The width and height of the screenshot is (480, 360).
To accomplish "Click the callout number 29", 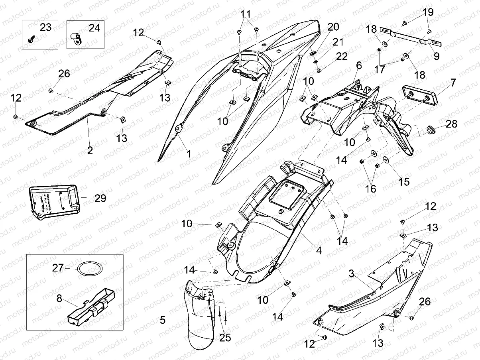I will [x=100, y=198].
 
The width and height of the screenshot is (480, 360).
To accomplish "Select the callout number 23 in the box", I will [x=45, y=28].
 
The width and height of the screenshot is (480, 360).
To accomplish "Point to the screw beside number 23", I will [x=31, y=39].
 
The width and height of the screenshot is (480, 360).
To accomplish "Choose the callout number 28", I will [x=452, y=124].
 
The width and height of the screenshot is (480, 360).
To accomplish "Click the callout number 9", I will [x=437, y=56].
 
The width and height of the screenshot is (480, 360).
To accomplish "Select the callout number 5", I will [x=162, y=320].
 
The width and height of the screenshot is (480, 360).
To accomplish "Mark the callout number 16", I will [x=370, y=188].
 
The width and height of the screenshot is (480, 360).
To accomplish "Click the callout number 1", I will [x=189, y=153].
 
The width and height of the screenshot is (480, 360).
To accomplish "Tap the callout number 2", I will [x=90, y=150].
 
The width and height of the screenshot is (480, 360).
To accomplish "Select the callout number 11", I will [x=246, y=14].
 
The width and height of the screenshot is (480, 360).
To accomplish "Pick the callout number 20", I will [x=333, y=27].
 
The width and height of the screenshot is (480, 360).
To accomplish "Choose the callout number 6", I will [x=359, y=65].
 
